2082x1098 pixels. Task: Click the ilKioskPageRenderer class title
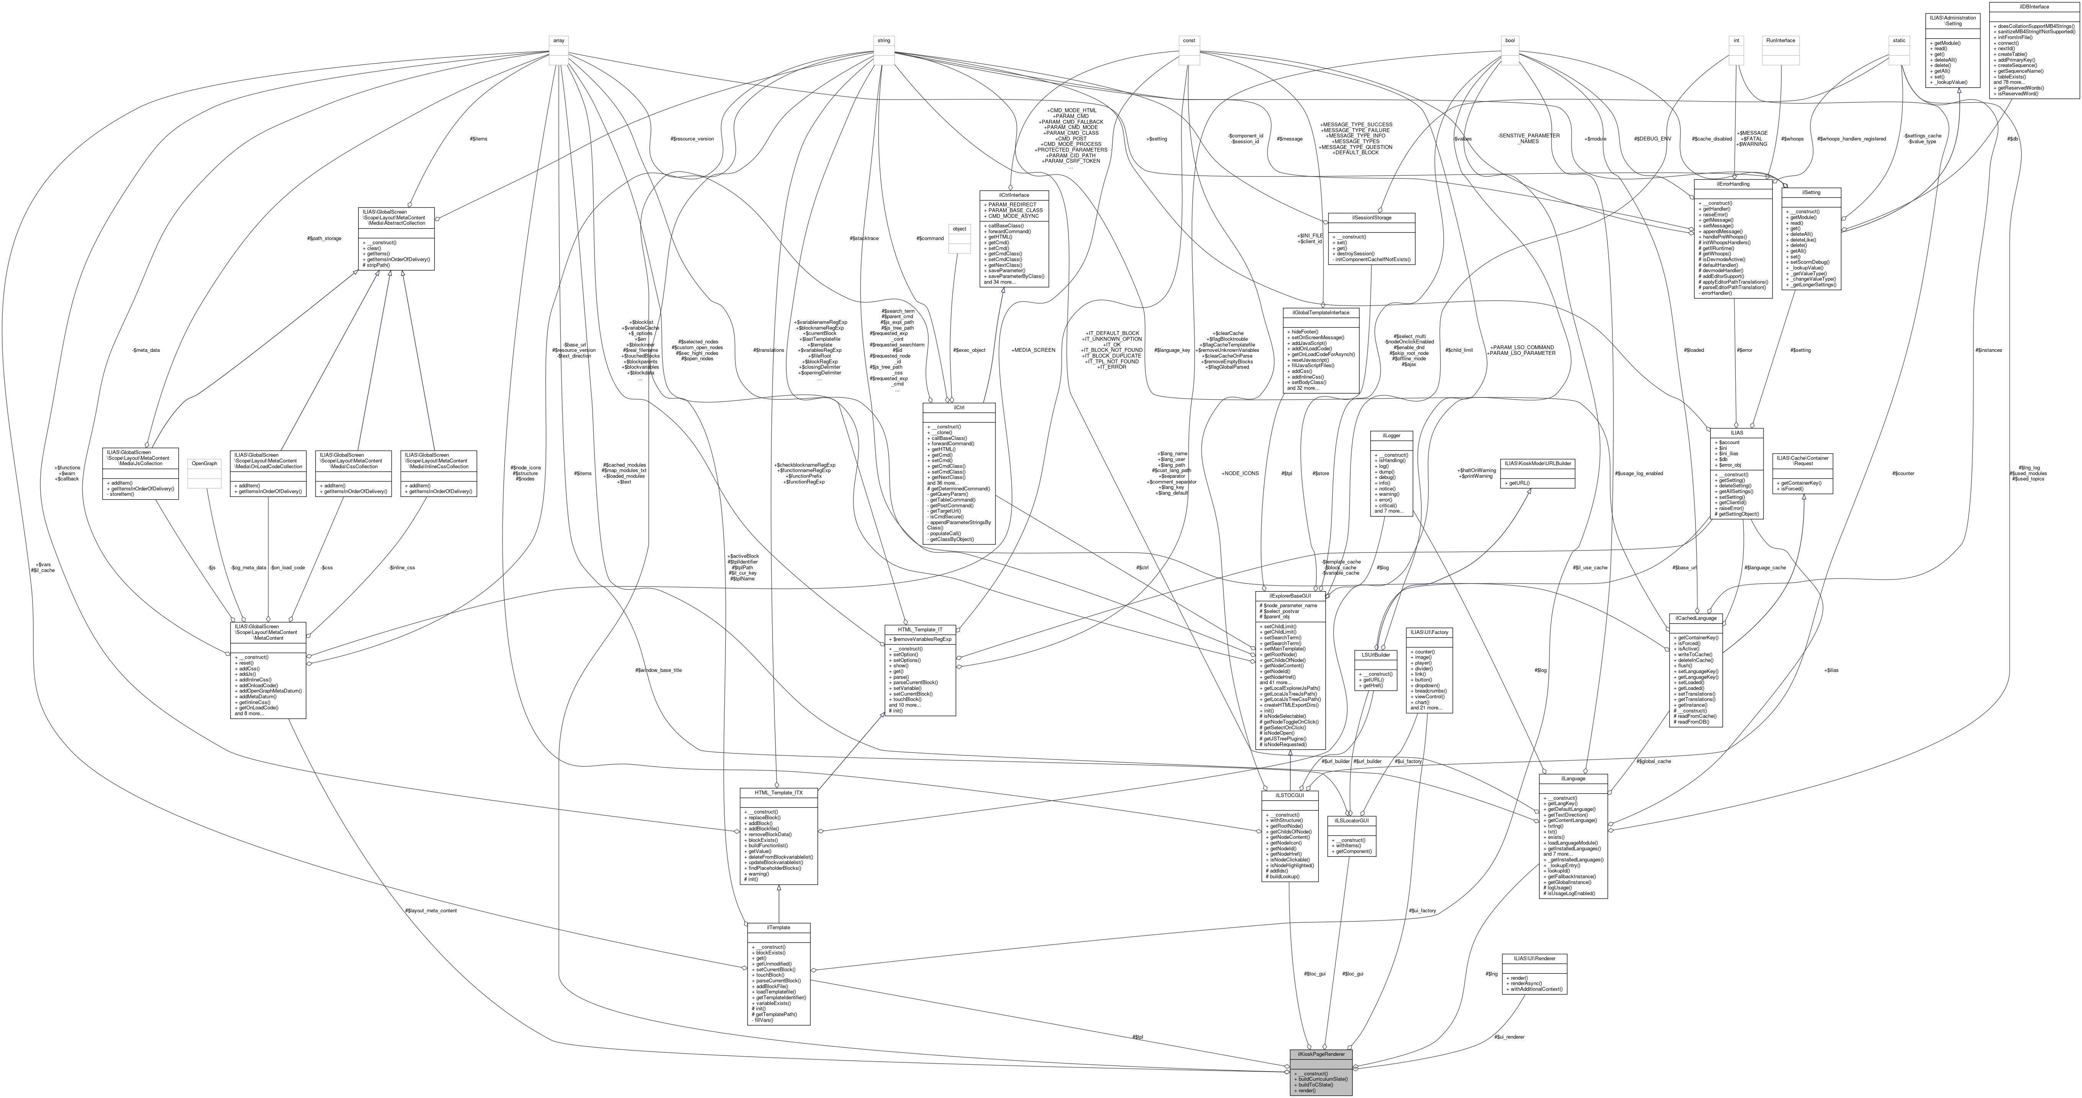1321,1054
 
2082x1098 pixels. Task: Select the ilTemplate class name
778,928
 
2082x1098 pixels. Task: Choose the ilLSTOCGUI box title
1290,795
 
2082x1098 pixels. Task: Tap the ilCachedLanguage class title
1696,618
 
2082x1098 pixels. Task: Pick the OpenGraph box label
204,464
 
